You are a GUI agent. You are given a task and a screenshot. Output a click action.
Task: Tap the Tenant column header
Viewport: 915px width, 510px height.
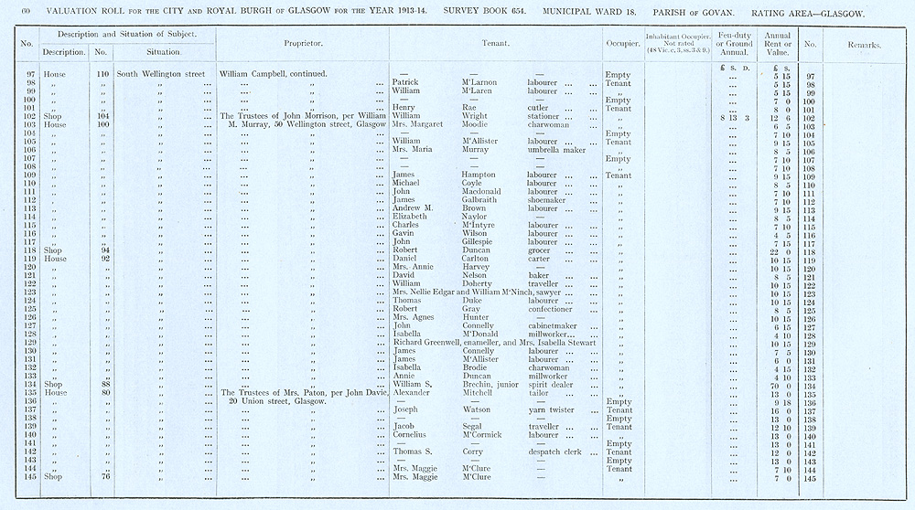[495, 44]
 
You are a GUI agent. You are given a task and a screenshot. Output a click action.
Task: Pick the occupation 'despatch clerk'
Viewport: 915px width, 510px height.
[553, 452]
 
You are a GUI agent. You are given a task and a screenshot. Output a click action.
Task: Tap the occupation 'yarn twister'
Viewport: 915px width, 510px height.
[550, 409]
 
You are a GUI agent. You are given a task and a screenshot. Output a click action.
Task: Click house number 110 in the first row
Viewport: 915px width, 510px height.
[102, 73]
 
